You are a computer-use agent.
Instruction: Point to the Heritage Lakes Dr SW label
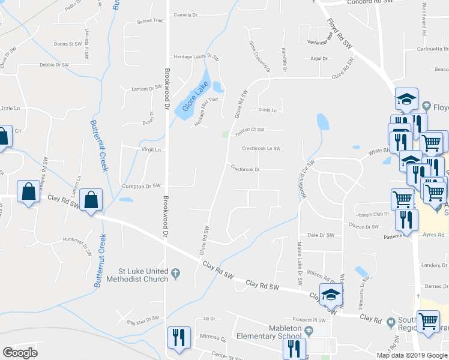pos(194,56)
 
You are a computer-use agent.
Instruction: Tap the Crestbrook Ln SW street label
pos(261,148)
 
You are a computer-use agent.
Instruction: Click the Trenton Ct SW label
pos(249,129)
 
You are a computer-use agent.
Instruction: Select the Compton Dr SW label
pos(142,186)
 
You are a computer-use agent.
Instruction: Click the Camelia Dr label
pos(185,15)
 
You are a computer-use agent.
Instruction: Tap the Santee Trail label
pos(150,20)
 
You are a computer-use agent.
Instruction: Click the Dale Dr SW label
pos(320,235)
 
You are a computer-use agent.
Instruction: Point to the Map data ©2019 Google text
pos(412,355)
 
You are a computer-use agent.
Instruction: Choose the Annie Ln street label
pos(267,110)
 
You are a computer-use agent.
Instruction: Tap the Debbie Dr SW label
pos(55,65)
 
